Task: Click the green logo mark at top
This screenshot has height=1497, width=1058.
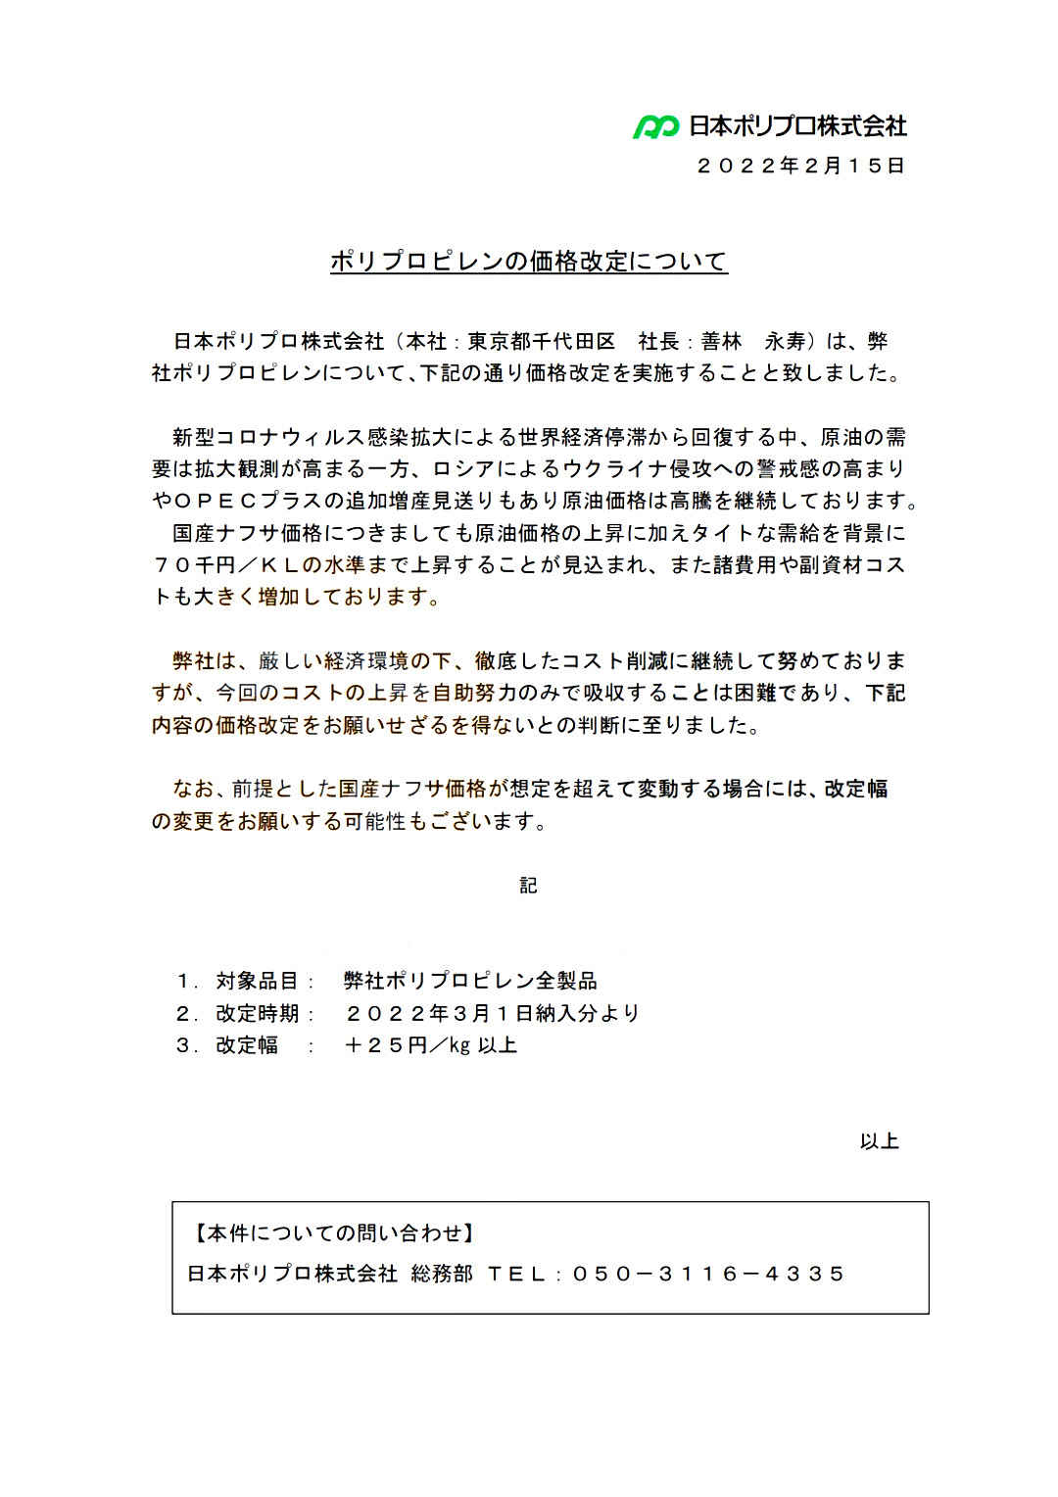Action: [655, 126]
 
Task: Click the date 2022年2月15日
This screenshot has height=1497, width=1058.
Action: [800, 166]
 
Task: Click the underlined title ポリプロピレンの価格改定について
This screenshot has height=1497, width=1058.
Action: [529, 262]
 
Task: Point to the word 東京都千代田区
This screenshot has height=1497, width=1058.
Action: [542, 341]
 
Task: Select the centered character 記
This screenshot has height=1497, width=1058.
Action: [528, 886]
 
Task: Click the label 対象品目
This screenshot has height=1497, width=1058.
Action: [257, 981]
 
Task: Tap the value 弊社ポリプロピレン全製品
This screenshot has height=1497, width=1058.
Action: [470, 981]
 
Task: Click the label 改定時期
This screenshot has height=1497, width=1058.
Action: [257, 1013]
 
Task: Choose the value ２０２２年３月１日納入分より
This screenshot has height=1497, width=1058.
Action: [492, 1013]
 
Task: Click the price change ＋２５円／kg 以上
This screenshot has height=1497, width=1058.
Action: [430, 1045]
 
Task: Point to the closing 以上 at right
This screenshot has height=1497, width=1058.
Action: [879, 1141]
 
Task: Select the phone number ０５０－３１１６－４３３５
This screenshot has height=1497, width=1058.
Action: [708, 1274]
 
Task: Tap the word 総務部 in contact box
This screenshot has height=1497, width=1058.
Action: [442, 1274]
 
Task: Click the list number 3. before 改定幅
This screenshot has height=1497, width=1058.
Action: [186, 1045]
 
